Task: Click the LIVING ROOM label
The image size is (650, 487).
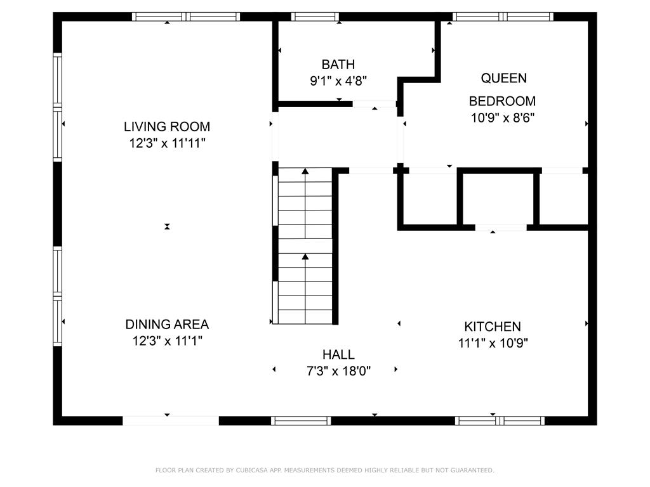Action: coord(167,126)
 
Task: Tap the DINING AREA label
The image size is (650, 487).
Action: coord(167,324)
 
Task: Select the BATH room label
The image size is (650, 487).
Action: coord(338,65)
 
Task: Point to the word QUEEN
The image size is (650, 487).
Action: coord(503,78)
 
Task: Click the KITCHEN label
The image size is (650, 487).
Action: coord(493,327)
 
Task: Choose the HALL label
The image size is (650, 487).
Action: coord(338,354)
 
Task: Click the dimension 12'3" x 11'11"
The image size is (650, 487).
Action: coord(167,143)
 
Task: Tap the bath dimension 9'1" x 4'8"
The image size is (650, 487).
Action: coord(338,81)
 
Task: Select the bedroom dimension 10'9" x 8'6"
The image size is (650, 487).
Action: coord(503,118)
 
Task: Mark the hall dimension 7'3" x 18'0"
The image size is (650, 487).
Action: coord(338,370)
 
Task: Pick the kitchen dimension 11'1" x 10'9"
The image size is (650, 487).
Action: coord(493,343)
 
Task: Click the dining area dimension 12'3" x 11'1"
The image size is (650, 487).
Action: coord(167,341)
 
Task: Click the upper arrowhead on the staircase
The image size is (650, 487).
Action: coord(305,171)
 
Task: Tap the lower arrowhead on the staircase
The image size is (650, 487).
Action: coord(305,257)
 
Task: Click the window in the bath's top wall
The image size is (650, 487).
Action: coord(315,16)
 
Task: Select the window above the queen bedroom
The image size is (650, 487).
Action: coord(503,16)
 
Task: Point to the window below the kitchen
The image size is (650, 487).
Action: coord(500,421)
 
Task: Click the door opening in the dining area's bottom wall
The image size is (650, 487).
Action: coord(171,421)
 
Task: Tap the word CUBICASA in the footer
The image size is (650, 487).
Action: coord(252,470)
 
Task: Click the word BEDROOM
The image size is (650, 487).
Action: coord(503,101)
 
